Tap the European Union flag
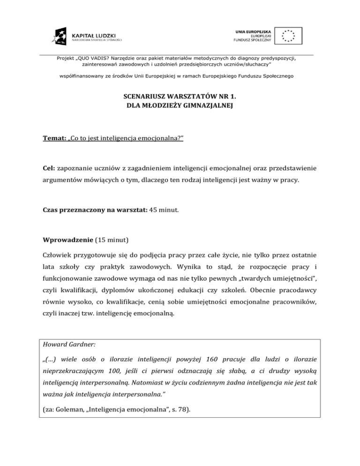click(x=288, y=35)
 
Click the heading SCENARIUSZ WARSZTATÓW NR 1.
click(x=180, y=97)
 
